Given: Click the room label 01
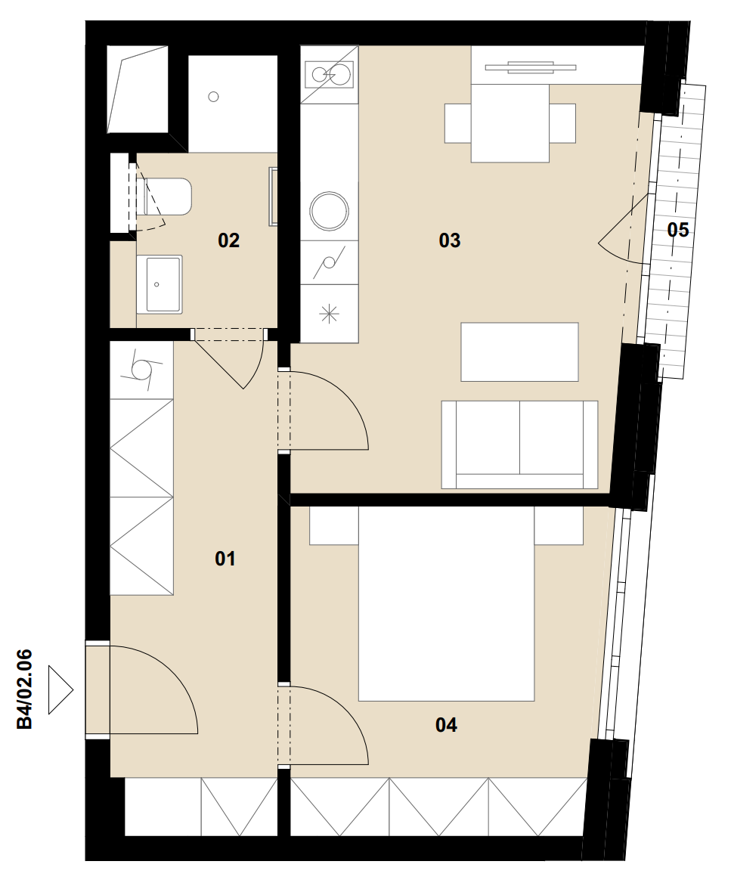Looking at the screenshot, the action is point(225,559).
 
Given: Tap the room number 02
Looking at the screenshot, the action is point(229,240).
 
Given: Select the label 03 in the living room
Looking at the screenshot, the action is point(450,240).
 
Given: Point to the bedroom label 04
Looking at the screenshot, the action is point(446,725).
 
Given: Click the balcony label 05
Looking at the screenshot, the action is point(678,230).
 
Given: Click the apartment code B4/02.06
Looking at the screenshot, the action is point(25,689).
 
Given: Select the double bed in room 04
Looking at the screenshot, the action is point(446,603).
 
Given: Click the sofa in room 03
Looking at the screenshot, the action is point(519,445).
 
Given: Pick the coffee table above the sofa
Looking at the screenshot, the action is point(520,352).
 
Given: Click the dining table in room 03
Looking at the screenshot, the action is point(510,123).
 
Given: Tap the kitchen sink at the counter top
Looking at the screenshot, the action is point(329,75).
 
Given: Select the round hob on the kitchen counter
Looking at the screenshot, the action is point(329,211).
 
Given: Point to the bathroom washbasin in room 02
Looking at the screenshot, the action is point(160,285).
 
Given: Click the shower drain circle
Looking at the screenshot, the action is point(213,97).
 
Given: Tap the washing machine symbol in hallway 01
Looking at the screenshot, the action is point(141,370).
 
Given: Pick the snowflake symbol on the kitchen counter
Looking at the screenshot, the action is point(329,314).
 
